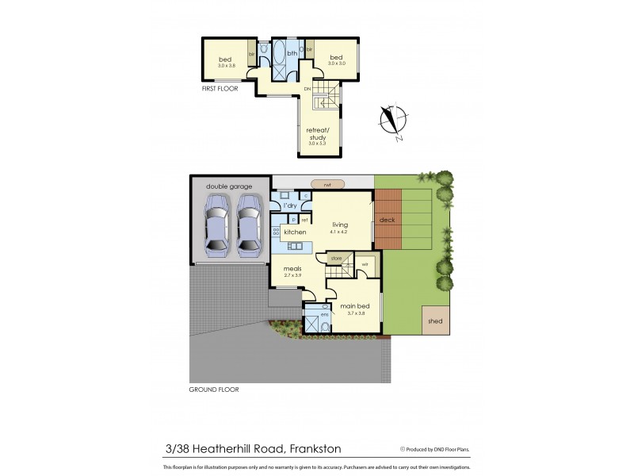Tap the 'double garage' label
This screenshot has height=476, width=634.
pyautogui.click(x=228, y=186)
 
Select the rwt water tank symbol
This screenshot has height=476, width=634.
pyautogui.click(x=326, y=184)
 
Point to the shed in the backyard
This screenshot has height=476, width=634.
pyautogui.click(x=435, y=321)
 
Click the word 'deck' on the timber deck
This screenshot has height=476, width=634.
pyautogui.click(x=387, y=220)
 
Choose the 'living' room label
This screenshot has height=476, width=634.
pyautogui.click(x=339, y=225)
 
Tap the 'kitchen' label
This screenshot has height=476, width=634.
pyautogui.click(x=295, y=232)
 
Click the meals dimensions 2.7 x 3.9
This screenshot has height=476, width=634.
pyautogui.click(x=292, y=275)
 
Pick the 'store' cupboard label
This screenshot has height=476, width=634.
pyautogui.click(x=335, y=258)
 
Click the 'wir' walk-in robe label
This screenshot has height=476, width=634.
pyautogui.click(x=366, y=263)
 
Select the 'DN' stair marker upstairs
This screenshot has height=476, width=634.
pyautogui.click(x=307, y=89)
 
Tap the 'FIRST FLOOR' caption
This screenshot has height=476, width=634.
pyautogui.click(x=220, y=89)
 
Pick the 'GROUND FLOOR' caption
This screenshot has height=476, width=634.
pyautogui.click(x=213, y=390)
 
